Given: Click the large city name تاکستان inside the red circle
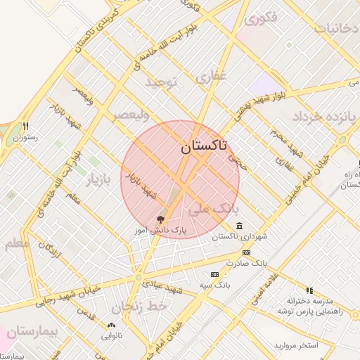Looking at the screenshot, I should tap(204, 147).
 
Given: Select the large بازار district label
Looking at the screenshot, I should tap(99, 181).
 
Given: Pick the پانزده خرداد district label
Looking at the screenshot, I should tap(325, 115).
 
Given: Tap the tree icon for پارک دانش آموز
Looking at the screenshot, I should tap(161, 219).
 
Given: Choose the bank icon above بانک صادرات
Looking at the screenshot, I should tap(246, 252).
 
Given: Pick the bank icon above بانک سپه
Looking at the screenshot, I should tap(214, 274).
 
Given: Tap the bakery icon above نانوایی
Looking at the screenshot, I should tap(110, 325).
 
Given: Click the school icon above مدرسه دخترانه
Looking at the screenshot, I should tap(309, 290).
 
